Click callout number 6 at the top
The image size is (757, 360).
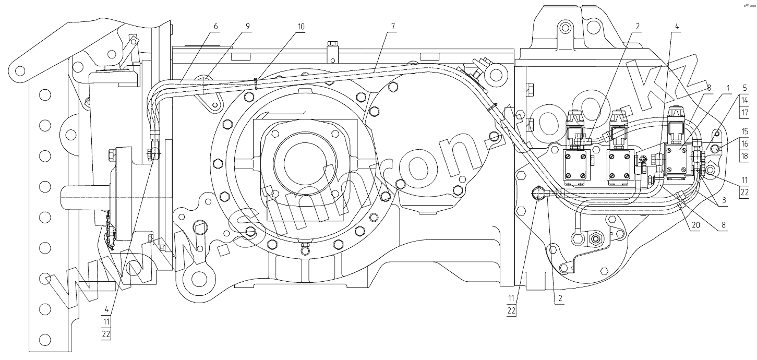point(215,26)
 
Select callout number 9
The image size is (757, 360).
point(247,26)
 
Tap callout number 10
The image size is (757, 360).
point(302,26)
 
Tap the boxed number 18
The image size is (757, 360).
point(745,156)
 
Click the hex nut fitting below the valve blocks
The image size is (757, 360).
point(594,240)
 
